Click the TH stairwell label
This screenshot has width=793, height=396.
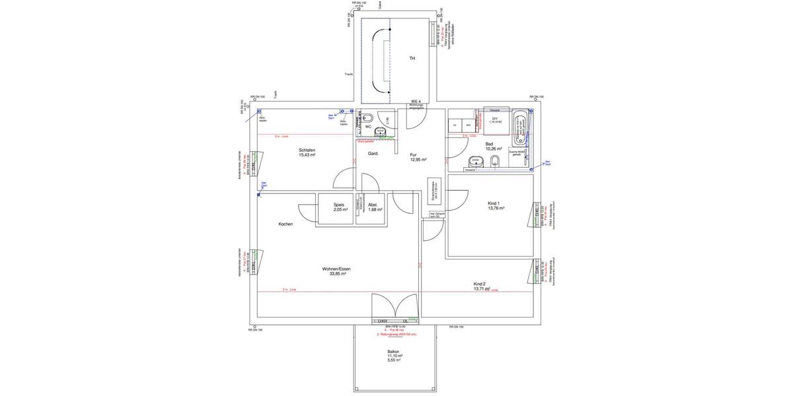point(412,59)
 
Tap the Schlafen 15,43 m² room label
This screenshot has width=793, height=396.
point(307,152)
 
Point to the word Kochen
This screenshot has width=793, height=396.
point(285,224)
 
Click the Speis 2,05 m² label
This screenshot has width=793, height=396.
point(339,207)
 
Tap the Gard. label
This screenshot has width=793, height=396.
point(373,153)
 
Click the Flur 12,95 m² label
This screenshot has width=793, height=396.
point(418,157)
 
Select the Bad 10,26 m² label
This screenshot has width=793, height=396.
point(493,147)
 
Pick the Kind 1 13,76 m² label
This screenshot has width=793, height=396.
point(496,205)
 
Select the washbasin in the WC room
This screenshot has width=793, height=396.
point(379,133)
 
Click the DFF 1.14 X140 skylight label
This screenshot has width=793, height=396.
point(495,121)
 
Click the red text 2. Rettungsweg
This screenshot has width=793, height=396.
point(397,335)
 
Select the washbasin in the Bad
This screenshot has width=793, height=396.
point(474,161)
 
